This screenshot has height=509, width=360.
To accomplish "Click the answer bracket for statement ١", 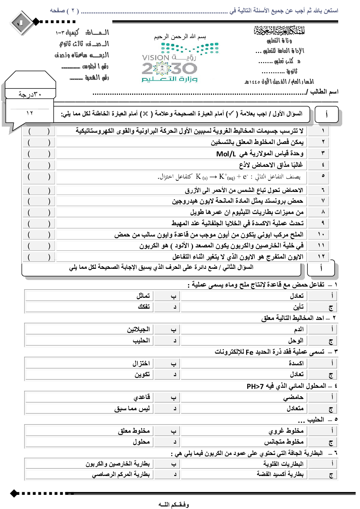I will pyautogui.click(x=39, y=131).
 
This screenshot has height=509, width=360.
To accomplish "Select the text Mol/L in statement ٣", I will pyautogui.click(x=226, y=154).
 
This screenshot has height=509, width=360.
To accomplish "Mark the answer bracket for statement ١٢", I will pyautogui.click(x=39, y=257).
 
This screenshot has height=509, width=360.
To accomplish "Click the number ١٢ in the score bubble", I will pyautogui.click(x=30, y=113).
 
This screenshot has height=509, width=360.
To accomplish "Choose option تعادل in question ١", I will pyautogui.click(x=296, y=296).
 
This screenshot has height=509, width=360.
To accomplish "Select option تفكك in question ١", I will pyautogui.click(x=144, y=307).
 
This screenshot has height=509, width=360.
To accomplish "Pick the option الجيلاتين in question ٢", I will pyautogui.click(x=138, y=329).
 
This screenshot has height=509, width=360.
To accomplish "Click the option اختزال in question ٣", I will pyautogui.click(x=141, y=363).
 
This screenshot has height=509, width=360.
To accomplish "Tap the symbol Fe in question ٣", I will pyautogui.click(x=249, y=352).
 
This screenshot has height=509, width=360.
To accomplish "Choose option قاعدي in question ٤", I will pyautogui.click(x=142, y=397).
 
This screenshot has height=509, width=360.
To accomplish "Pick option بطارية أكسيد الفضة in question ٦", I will pyautogui.click(x=280, y=474).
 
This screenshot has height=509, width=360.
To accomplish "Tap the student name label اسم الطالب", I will pyautogui.click(x=322, y=92).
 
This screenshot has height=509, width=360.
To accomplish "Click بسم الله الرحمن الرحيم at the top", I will pyautogui.click(x=180, y=37).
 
